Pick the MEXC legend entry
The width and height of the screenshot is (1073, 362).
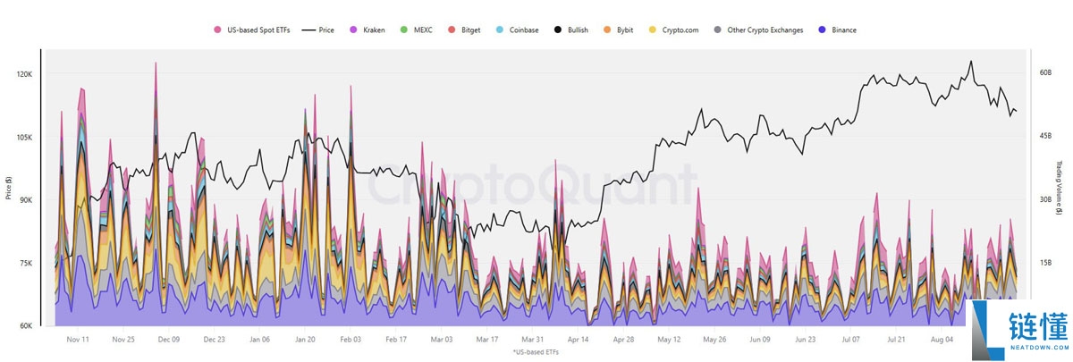[418, 29]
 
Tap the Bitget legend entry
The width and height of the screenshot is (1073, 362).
[465, 29]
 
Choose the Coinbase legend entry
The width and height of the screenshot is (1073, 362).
[518, 29]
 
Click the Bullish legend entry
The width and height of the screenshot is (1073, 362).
[572, 29]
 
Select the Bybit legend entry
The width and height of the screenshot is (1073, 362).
[624, 29]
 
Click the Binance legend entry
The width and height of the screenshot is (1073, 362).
[837, 29]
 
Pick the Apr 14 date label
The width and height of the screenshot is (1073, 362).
[578, 340]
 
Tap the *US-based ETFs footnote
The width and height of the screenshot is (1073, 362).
[536, 353]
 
